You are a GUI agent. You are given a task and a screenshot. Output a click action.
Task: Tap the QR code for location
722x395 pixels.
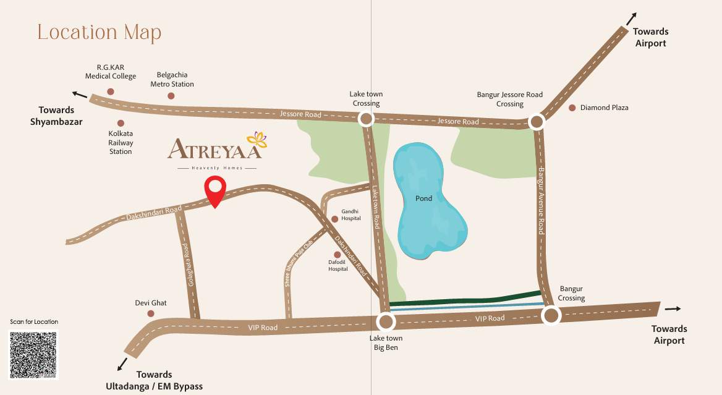(33, 354)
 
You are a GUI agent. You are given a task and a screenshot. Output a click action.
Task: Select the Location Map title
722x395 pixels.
(100, 32)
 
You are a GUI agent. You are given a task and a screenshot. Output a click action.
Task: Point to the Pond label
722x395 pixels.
(423, 199)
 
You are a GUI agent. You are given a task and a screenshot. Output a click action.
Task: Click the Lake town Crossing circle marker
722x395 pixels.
(367, 119)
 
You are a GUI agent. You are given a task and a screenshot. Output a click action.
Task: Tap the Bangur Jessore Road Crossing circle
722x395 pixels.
(537, 122)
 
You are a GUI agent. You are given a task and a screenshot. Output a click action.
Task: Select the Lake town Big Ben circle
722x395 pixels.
(386, 321)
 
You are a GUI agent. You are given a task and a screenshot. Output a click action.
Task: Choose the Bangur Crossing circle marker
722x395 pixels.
(551, 316)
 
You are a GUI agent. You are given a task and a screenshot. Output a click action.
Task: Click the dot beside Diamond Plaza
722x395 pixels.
(572, 108)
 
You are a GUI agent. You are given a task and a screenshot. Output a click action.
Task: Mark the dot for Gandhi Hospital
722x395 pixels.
(335, 219)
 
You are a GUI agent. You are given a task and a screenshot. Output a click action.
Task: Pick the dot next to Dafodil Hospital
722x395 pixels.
(338, 255)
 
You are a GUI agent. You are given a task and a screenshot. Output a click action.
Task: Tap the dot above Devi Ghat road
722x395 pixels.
(150, 313)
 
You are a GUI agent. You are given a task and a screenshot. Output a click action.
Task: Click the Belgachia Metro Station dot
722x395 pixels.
(171, 96)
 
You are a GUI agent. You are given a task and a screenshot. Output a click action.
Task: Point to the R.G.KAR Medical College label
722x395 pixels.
(111, 72)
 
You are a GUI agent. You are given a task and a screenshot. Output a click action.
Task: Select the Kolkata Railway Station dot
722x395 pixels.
(121, 124)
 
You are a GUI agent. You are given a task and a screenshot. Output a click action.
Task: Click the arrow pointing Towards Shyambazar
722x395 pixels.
(79, 95)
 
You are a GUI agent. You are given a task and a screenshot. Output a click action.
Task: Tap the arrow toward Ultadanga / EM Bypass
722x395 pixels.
(122, 363)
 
